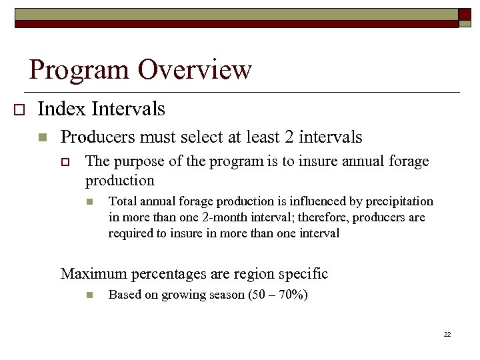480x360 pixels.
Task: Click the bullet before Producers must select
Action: tap(43, 138)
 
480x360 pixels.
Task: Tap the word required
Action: tap(129, 233)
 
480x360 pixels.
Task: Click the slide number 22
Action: tap(447, 334)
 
